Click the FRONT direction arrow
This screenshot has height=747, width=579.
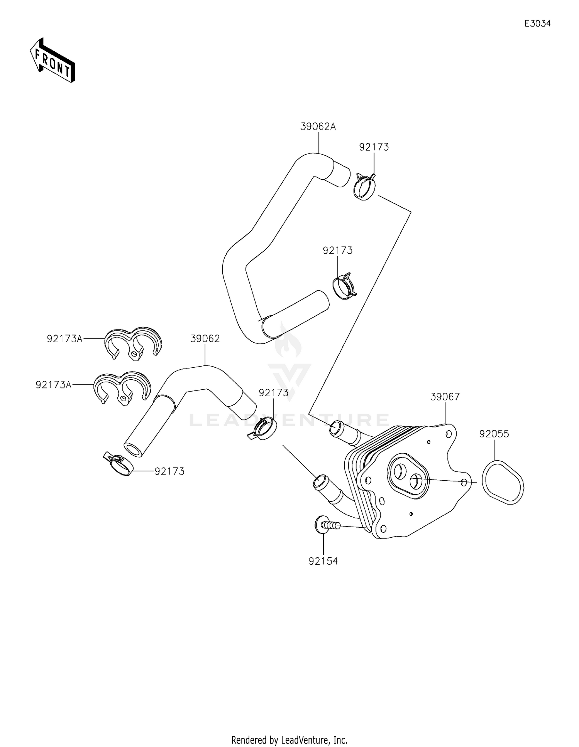(52, 61)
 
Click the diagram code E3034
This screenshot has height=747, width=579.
(537, 24)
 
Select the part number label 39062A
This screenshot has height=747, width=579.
(318, 126)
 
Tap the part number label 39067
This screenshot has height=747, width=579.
(445, 397)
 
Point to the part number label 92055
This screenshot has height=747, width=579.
(494, 434)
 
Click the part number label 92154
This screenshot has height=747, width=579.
(323, 561)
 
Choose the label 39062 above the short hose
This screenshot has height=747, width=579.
(205, 338)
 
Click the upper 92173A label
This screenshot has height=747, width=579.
(64, 338)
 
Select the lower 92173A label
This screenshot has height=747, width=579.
(53, 384)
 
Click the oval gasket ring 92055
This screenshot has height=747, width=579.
(503, 482)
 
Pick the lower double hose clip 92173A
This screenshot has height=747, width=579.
(122, 387)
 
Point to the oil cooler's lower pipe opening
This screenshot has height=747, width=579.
(319, 483)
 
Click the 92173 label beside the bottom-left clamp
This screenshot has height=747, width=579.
(169, 471)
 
